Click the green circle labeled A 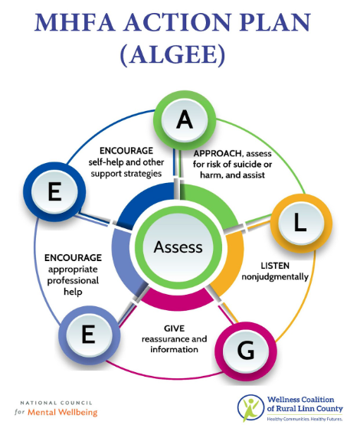(x=185, y=120)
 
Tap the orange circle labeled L (x=301, y=223)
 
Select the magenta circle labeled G (x=246, y=351)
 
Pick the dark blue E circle (x=54, y=192)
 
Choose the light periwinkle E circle (x=89, y=335)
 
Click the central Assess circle (x=178, y=247)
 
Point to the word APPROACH (x=218, y=153)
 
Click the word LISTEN (x=275, y=266)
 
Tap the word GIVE (x=174, y=328)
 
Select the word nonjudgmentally (x=275, y=277)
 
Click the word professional (x=73, y=281)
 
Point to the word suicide (x=243, y=164)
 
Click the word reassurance (x=165, y=339)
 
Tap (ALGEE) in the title (x=173, y=54)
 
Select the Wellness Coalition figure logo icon (x=250, y=408)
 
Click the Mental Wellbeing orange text (x=63, y=413)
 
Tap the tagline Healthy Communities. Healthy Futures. (x=305, y=420)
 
